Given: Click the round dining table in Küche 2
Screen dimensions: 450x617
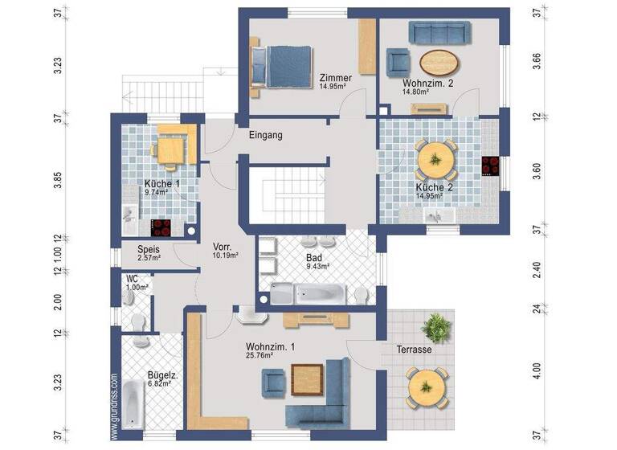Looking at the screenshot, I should [x=435, y=160].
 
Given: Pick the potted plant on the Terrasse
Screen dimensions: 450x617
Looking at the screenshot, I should [x=438, y=328].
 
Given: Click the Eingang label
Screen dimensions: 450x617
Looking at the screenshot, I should [x=265, y=136].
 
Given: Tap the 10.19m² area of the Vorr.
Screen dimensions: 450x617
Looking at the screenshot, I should [x=227, y=256].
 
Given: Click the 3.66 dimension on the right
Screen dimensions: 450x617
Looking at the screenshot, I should [x=537, y=62].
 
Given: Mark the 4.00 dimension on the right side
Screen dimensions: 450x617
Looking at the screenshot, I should [x=537, y=371].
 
